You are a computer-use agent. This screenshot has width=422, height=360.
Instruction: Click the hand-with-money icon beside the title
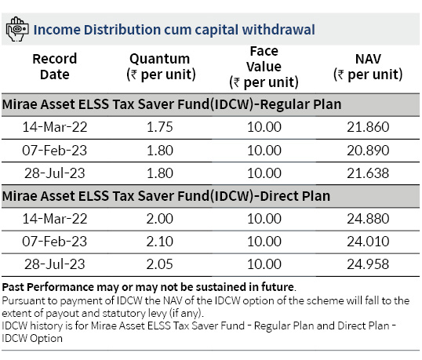17,29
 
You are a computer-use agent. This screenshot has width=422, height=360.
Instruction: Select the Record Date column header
55,67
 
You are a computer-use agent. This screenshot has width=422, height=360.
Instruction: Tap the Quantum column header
161,67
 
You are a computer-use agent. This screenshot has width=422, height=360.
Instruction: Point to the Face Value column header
264,67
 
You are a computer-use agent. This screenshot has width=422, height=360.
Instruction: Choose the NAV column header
368,67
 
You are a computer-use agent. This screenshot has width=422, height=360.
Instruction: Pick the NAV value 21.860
368,127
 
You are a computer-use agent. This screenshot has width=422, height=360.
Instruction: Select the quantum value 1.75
159,127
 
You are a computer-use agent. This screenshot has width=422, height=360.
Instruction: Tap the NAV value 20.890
368,151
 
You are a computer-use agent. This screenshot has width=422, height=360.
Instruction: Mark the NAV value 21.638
368,173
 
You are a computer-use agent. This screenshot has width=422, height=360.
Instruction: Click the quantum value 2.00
159,219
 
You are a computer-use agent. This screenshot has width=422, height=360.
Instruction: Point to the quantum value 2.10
159,242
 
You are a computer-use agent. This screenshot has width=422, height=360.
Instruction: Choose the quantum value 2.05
159,264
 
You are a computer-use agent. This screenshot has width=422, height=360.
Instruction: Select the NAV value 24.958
368,264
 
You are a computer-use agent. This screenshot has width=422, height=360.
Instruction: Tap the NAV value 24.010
368,242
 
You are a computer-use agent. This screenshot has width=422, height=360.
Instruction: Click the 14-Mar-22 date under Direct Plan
55,219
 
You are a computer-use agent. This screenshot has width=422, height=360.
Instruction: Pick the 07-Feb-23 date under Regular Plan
55,151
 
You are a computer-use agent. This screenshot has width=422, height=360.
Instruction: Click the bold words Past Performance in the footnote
48,287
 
